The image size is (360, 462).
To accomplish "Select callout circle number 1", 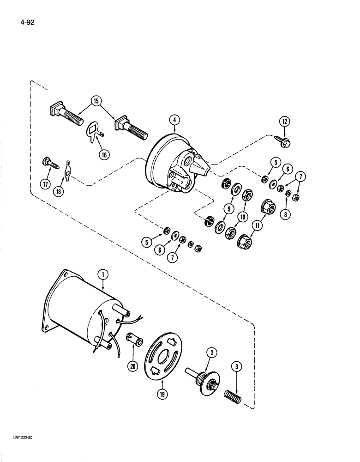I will point(104,274).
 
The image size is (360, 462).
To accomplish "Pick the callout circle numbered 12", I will point(283,122).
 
